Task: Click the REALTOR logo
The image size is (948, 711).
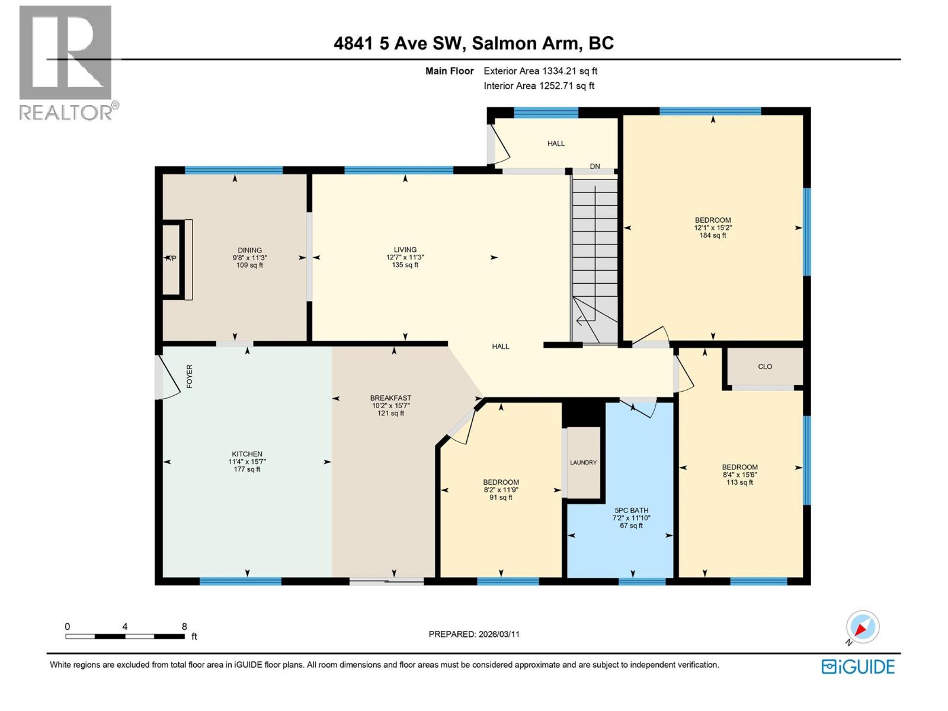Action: click(x=66, y=62)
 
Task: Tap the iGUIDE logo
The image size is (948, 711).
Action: click(x=857, y=667)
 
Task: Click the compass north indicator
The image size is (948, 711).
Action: click(x=862, y=627)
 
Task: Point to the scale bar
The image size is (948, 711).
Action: click(x=124, y=636)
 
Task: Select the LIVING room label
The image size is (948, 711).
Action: click(x=405, y=250)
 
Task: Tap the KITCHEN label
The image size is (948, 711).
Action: click(x=247, y=454)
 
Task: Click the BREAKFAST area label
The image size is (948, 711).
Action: click(x=390, y=398)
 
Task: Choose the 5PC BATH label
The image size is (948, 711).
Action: click(x=631, y=510)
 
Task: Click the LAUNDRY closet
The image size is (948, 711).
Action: click(x=583, y=462)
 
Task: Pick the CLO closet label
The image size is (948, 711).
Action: click(x=764, y=367)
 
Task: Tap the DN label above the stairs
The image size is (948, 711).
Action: click(x=595, y=166)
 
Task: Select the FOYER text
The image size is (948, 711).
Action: click(x=190, y=376)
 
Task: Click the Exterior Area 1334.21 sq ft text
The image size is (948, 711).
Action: click(x=540, y=71)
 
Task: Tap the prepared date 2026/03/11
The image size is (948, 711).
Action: click(x=473, y=634)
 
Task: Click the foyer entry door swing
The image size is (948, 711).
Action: click(x=169, y=378)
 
